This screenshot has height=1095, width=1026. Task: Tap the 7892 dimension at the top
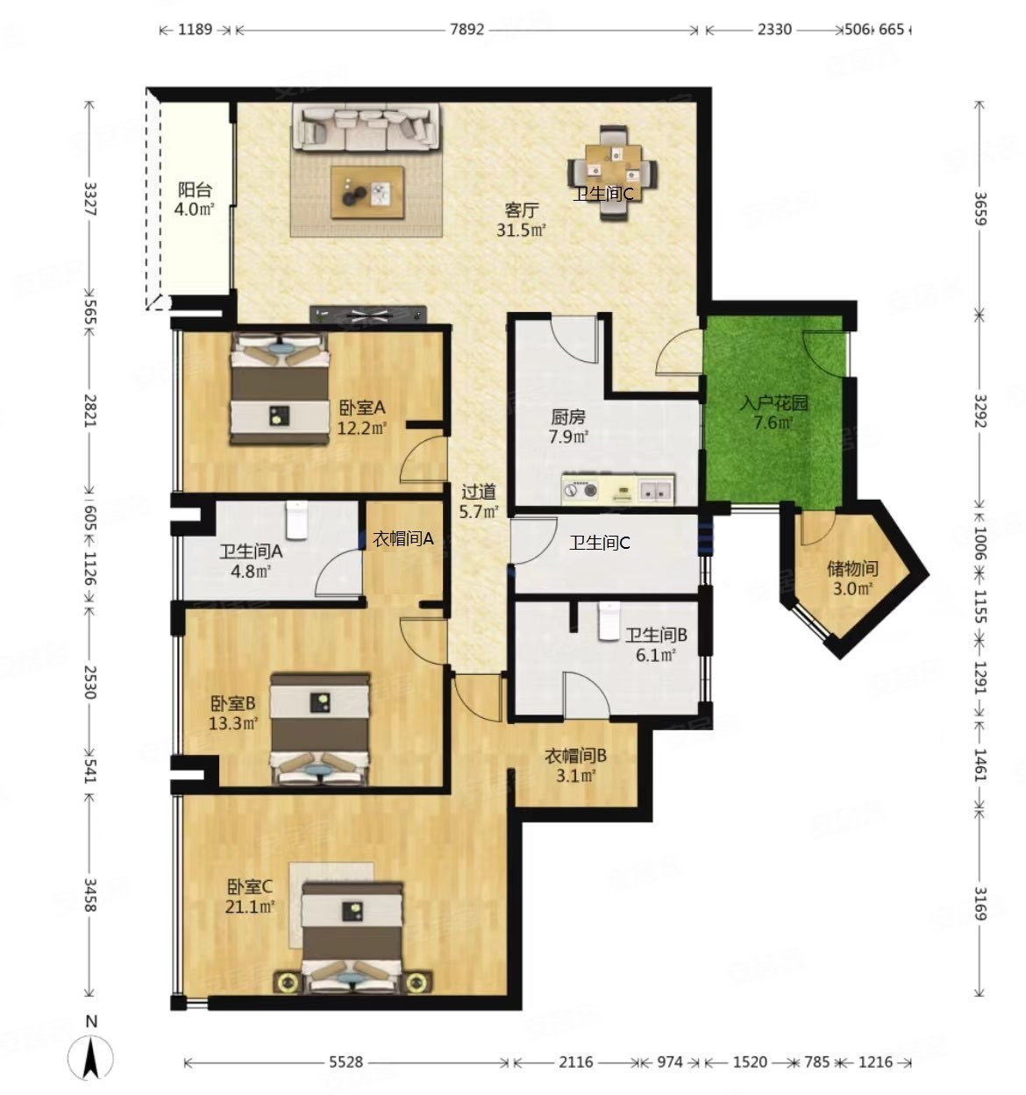pyautogui.click(x=467, y=29)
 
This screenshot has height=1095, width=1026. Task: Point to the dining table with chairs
pyautogui.click(x=612, y=173)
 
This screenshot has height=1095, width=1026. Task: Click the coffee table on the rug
pyautogui.click(x=367, y=192)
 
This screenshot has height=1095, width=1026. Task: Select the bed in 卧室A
pyautogui.click(x=280, y=388)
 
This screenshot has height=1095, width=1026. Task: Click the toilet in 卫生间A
pyautogui.click(x=296, y=519)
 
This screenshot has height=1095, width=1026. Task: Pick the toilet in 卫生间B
pyautogui.click(x=609, y=621)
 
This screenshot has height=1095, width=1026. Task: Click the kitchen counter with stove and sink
pyautogui.click(x=618, y=489)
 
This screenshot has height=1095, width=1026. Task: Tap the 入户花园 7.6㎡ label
pyautogui.click(x=773, y=412)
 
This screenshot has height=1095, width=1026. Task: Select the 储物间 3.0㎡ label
pyautogui.click(x=852, y=578)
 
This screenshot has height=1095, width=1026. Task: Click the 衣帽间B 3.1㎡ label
pyautogui.click(x=576, y=765)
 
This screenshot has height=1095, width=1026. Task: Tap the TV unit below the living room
pyautogui.click(x=368, y=314)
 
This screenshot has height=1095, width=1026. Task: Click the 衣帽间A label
pyautogui.click(x=403, y=538)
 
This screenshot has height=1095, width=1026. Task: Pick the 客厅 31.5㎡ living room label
pyautogui.click(x=521, y=219)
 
